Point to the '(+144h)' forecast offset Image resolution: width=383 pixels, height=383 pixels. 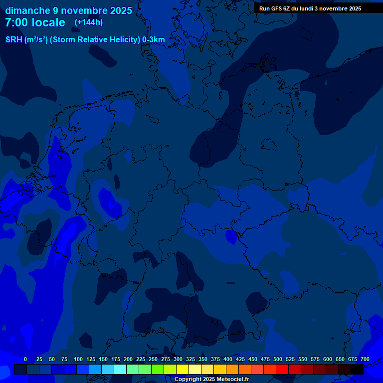89,22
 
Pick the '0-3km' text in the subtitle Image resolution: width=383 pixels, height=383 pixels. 154,40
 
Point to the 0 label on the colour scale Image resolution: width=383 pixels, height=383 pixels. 25,359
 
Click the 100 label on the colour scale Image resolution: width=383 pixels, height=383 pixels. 78,359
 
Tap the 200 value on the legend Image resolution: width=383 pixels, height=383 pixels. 128,359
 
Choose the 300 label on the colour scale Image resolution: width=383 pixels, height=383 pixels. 178,359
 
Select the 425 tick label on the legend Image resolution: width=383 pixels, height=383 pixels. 240,359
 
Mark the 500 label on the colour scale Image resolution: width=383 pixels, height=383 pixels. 278,359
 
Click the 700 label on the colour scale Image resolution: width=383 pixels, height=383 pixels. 365,359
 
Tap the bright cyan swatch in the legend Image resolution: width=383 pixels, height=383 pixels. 120,369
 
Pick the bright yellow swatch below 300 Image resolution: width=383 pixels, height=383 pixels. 183,369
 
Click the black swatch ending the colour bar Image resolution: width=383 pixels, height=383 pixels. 357,369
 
